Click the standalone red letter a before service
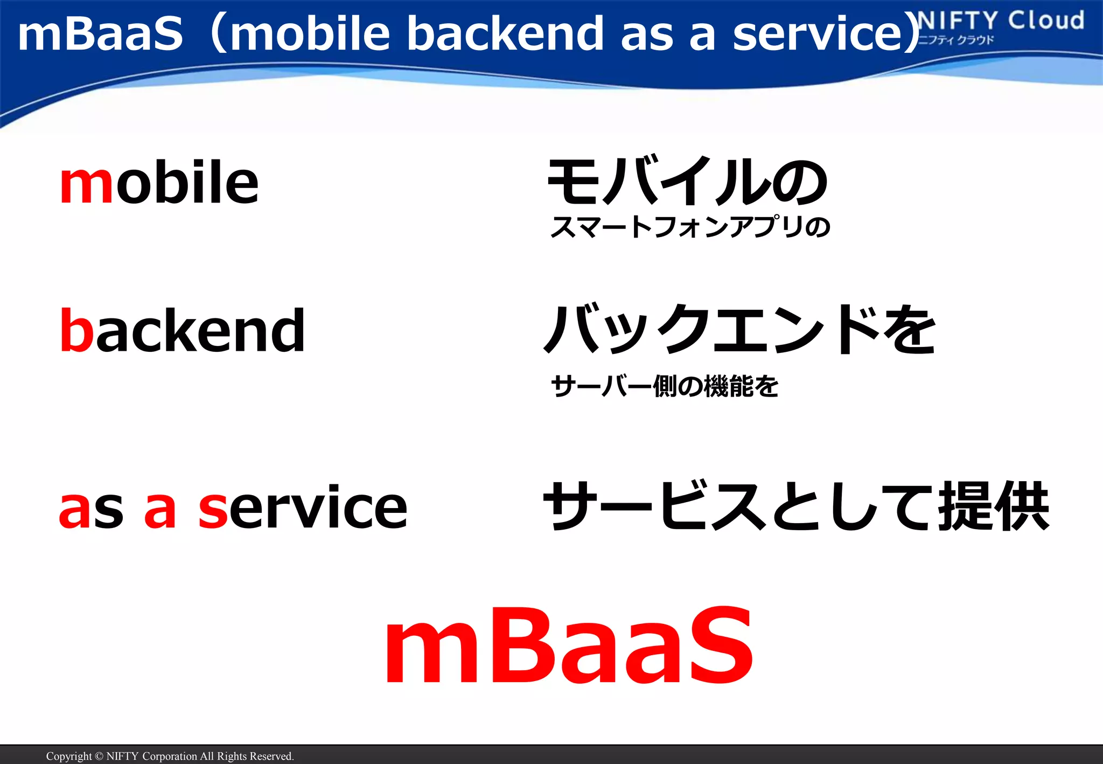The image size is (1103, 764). (x=160, y=509)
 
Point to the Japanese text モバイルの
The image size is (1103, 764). (x=687, y=182)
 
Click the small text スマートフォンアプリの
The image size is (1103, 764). (x=690, y=227)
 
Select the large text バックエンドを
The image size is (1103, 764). (x=740, y=330)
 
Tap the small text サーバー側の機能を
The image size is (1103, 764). (x=665, y=386)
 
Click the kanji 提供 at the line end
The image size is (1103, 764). (x=994, y=506)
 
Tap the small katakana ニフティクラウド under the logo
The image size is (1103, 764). (x=955, y=40)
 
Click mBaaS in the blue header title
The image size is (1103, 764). (x=101, y=33)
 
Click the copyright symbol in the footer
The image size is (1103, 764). (x=99, y=756)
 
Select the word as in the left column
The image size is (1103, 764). (x=91, y=509)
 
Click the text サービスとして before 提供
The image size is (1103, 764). (x=738, y=506)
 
